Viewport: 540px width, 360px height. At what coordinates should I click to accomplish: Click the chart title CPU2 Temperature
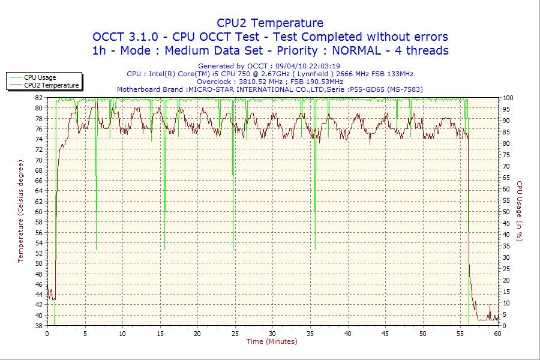[270, 23]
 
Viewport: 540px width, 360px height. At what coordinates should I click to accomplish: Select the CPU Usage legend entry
[40, 77]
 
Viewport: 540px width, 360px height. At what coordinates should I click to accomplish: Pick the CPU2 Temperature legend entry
[51, 85]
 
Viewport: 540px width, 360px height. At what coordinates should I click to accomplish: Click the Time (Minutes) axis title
[272, 341]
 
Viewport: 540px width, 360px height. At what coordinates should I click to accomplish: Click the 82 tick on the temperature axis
[39, 97]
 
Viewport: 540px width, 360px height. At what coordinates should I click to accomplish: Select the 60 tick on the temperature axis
[39, 212]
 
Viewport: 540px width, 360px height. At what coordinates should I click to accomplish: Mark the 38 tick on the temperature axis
[39, 326]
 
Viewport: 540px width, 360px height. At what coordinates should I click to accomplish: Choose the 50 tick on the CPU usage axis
[506, 212]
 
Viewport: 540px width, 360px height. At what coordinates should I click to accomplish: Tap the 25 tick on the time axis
[235, 334]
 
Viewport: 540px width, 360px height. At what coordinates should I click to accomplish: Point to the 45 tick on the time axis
[385, 334]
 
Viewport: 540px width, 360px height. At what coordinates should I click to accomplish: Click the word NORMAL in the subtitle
[364, 50]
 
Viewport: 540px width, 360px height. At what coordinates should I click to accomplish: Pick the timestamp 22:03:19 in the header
[323, 66]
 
